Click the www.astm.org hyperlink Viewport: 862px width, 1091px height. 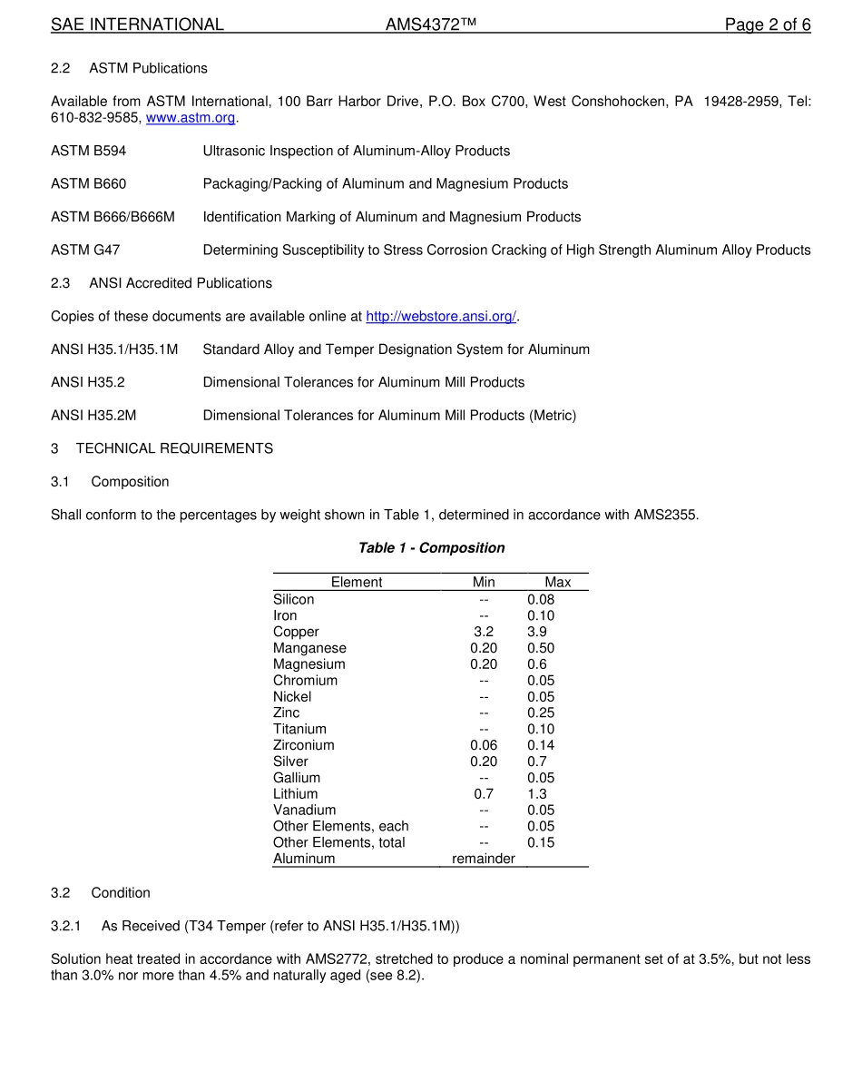(x=191, y=118)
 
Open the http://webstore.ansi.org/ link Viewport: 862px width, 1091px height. (x=441, y=317)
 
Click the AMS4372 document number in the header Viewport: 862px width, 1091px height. (x=430, y=25)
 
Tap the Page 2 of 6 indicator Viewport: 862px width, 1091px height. (x=767, y=25)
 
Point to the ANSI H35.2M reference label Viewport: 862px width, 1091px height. (x=93, y=416)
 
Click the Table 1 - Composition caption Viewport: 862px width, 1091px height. (x=431, y=548)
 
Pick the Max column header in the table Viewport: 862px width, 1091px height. (x=557, y=583)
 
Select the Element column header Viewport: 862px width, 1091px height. (x=357, y=583)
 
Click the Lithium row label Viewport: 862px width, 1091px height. (x=296, y=794)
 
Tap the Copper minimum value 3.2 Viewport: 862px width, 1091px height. (x=484, y=632)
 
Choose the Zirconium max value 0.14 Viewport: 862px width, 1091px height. (x=541, y=745)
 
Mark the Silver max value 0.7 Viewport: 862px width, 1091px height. (x=537, y=762)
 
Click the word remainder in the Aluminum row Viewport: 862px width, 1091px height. (x=484, y=859)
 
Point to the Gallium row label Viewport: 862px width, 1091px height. (x=297, y=778)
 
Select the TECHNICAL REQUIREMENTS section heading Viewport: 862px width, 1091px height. (x=174, y=448)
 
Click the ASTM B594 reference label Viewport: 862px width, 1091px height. (x=89, y=152)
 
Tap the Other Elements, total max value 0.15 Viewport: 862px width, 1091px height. (x=541, y=842)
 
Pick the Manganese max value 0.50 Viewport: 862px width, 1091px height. (x=541, y=648)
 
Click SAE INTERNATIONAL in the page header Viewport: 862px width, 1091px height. (x=137, y=25)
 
